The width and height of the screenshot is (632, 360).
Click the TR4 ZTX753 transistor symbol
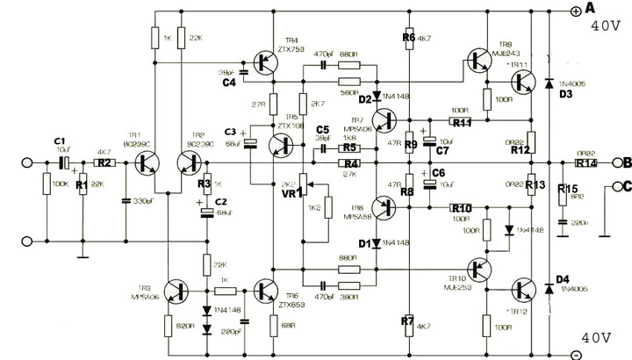coord(263,61)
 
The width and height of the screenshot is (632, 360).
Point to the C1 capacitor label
coord(59,140)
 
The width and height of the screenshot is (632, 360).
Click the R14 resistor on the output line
coord(585,162)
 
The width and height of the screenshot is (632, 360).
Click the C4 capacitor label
coord(229,83)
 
